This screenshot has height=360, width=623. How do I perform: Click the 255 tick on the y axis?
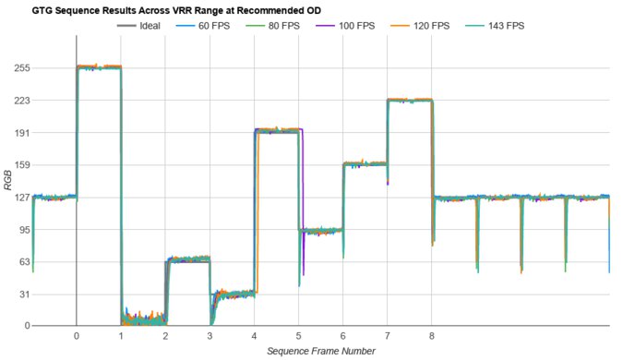click(22, 68)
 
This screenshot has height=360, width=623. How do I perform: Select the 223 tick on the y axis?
click(22, 101)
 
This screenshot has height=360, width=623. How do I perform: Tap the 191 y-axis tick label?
click(22, 133)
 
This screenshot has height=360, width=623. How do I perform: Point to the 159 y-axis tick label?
click(22, 165)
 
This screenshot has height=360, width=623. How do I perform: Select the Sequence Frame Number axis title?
click(320, 351)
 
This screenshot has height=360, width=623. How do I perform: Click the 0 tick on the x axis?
click(77, 336)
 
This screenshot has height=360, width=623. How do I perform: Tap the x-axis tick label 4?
click(254, 336)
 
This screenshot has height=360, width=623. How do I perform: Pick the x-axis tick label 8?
click(432, 336)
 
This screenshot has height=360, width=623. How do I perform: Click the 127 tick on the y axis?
click(22, 198)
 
